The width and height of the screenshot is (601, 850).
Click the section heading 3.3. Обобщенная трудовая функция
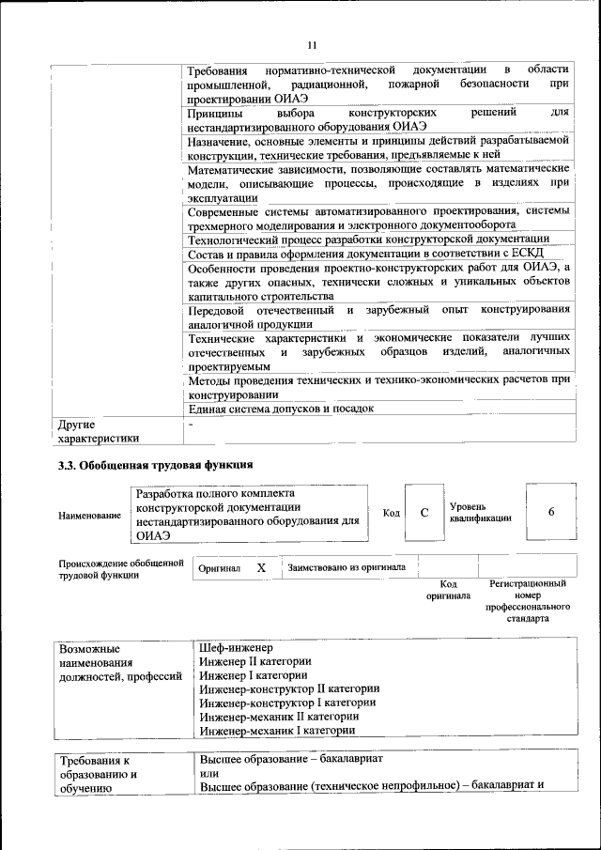(x=155, y=464)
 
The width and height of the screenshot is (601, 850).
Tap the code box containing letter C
(x=424, y=512)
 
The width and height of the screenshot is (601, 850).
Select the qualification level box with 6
(x=550, y=512)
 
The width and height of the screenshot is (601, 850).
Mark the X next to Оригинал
(x=262, y=568)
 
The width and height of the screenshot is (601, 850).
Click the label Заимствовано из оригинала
(x=347, y=568)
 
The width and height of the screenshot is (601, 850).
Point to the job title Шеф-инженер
(x=236, y=648)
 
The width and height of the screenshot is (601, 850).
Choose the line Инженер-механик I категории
(x=277, y=730)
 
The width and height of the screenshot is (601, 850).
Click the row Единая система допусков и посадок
(x=281, y=409)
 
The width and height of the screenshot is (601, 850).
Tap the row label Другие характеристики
(x=99, y=431)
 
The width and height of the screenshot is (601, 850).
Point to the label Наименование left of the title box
(x=89, y=516)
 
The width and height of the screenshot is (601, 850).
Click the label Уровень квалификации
(x=480, y=513)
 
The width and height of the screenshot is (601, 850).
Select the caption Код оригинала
(x=448, y=590)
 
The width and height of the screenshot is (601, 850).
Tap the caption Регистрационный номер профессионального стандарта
(x=528, y=601)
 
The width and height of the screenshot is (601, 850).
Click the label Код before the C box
(x=391, y=513)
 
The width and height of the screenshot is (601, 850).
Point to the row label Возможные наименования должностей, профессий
(x=119, y=662)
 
